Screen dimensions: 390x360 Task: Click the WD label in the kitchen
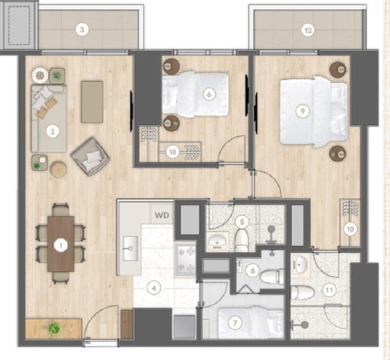click(x=162, y=215)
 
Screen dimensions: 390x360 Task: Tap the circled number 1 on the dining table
click(x=61, y=246)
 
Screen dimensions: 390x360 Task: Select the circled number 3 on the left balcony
click(x=82, y=30)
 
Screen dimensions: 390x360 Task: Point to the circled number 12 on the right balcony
click(x=308, y=31)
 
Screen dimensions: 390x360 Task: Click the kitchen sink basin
click(x=130, y=248)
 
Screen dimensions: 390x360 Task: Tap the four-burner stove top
click(x=186, y=260)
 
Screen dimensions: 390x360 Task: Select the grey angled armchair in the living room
click(x=90, y=157)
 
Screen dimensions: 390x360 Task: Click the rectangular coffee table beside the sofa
click(x=92, y=102)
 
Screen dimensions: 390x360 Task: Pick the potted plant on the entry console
click(x=53, y=327)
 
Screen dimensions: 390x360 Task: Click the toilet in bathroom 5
click(x=241, y=241)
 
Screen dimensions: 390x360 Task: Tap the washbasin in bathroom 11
click(x=301, y=265)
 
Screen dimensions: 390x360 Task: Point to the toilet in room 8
click(x=271, y=277)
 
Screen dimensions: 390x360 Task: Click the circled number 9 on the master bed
click(x=303, y=111)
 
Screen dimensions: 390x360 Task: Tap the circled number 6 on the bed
click(x=209, y=95)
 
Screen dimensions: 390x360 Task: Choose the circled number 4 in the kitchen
click(x=154, y=288)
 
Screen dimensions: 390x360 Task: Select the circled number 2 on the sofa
click(x=52, y=131)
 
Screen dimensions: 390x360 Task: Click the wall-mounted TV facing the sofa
click(x=131, y=111)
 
